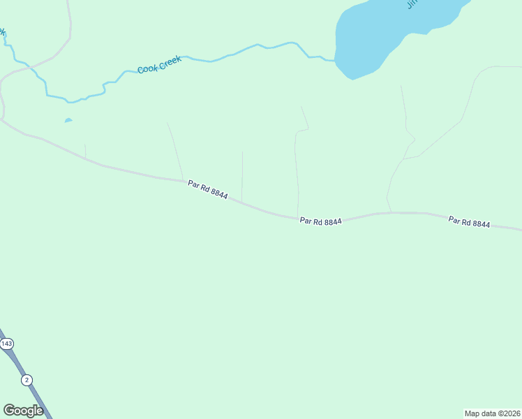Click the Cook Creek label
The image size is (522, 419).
[159, 64]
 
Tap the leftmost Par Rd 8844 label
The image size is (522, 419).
[207, 189]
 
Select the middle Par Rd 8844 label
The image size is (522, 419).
[320, 221]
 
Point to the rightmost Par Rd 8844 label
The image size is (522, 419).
[469, 222]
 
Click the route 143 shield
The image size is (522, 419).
[7, 344]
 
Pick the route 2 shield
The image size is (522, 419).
[27, 380]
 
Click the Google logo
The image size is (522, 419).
[23, 411]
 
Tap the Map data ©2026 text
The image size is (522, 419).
[492, 413]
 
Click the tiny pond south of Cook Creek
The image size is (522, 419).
[68, 120]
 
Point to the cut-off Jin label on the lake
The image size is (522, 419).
[412, 4]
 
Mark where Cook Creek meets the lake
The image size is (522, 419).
[336, 61]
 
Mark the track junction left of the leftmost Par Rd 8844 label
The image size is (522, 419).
[184, 180]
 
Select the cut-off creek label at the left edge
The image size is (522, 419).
[2, 31]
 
